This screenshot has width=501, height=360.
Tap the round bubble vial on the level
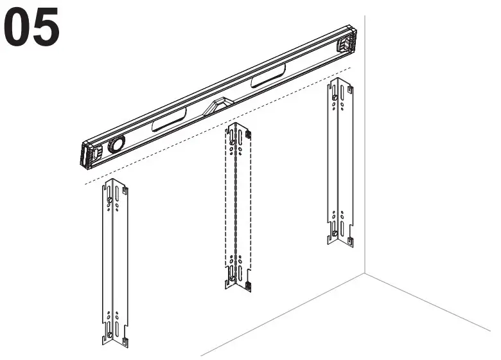click(116, 145)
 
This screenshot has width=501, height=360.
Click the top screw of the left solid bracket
click(111, 201)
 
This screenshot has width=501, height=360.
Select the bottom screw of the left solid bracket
click(110, 334)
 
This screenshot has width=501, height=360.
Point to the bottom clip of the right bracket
click(349, 241)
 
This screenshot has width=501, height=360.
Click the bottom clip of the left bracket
click(126, 339)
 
